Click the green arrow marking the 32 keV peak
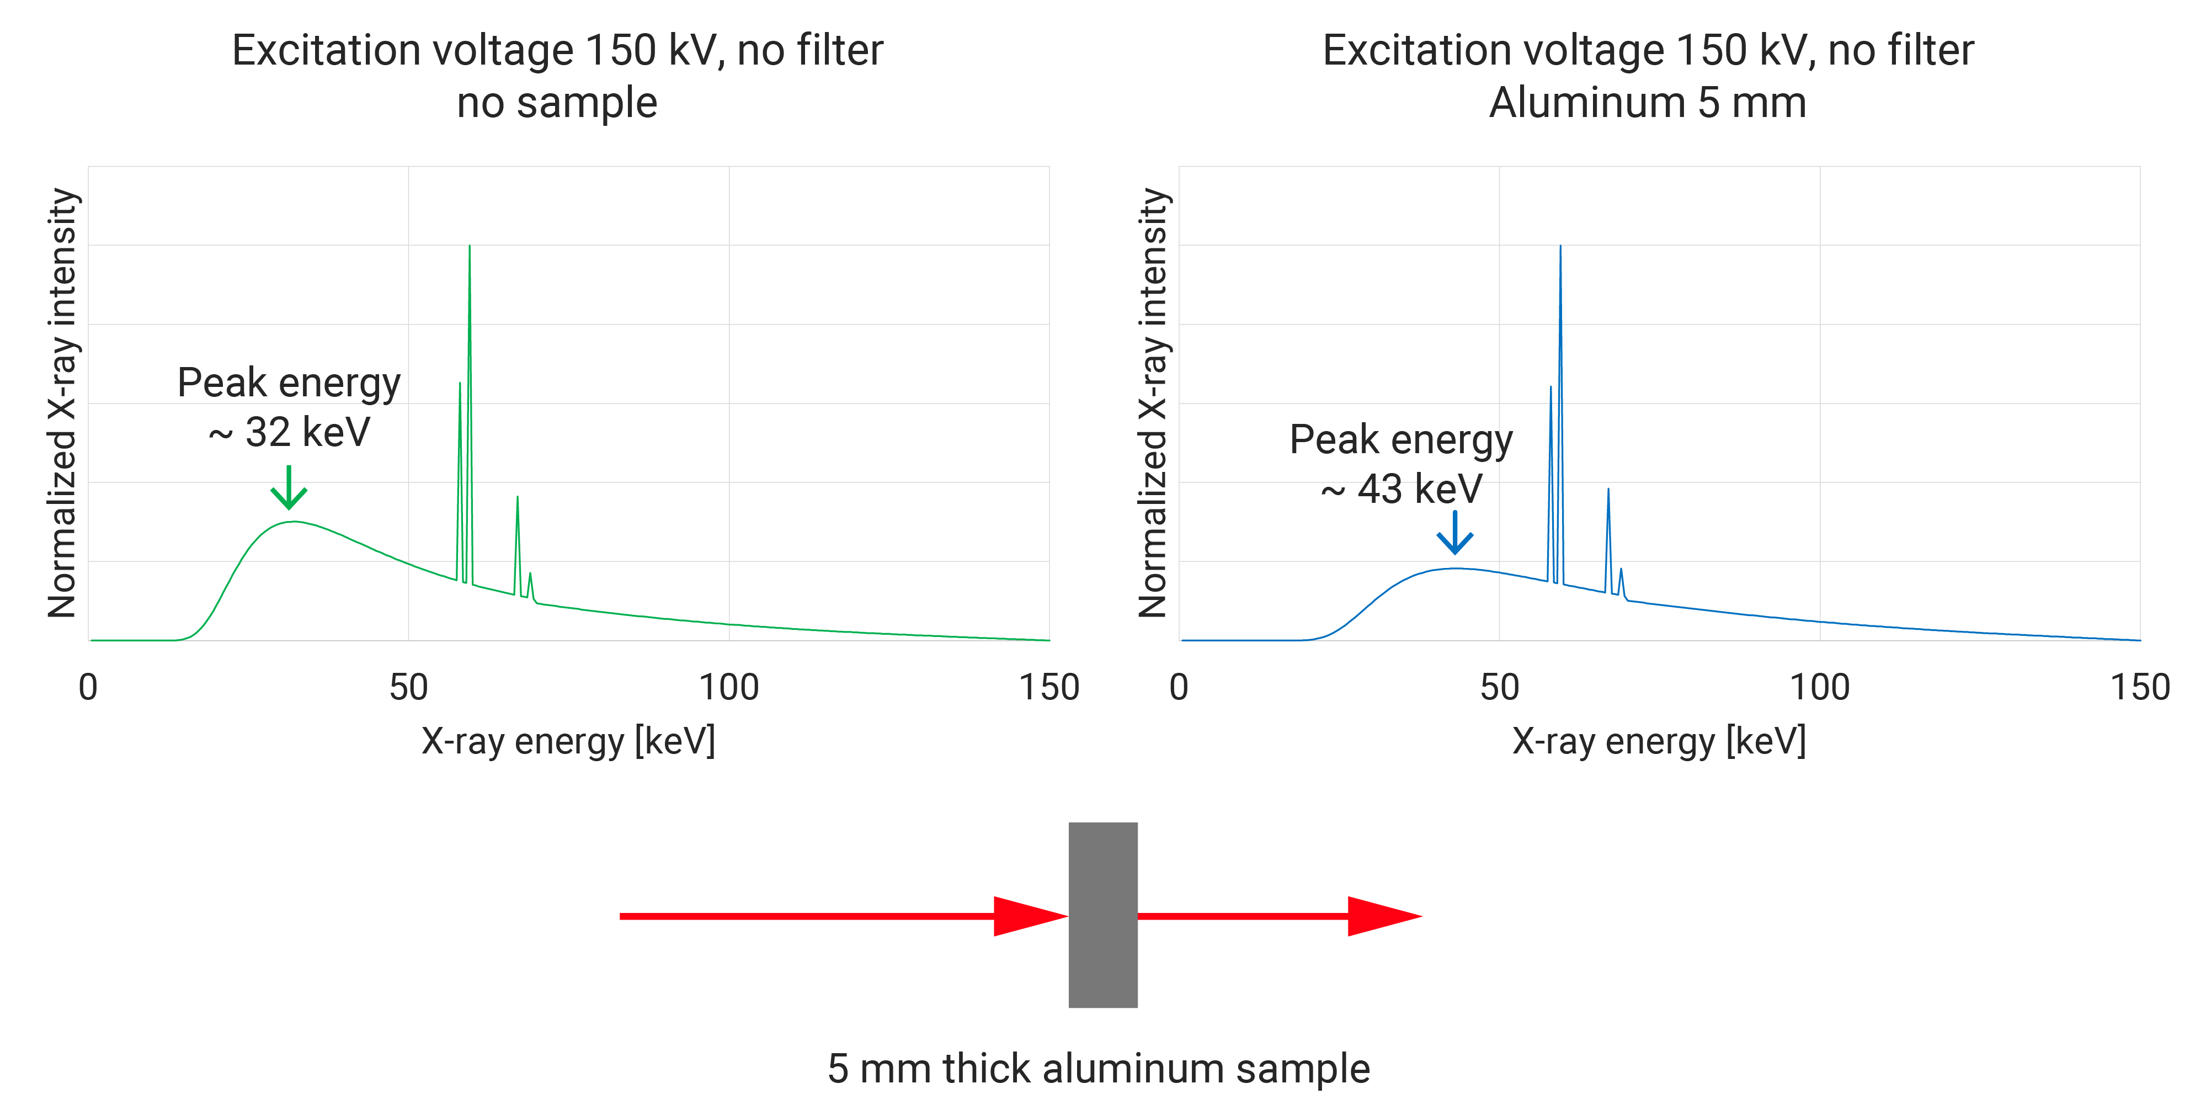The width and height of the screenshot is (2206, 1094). tap(289, 488)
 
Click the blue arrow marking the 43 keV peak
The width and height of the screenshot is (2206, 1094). tap(1454, 533)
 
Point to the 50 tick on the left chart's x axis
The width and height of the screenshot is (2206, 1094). tap(408, 687)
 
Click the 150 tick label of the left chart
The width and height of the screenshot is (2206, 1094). tap(1048, 687)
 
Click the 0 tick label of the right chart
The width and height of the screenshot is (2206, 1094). tap(1179, 687)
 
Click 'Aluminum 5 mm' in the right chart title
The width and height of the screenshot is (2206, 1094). tap(1647, 103)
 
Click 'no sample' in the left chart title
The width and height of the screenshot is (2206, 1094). tap(557, 103)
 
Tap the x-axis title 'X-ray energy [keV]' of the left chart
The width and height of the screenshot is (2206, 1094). tap(568, 740)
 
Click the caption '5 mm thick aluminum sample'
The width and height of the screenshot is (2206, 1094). tap(1098, 1068)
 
